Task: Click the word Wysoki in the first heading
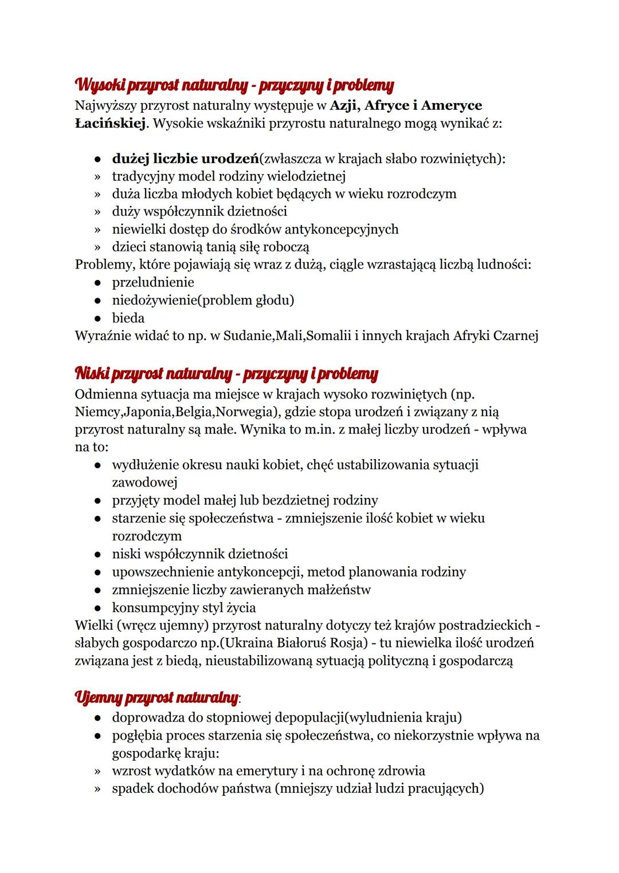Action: tap(99, 86)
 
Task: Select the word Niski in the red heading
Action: tap(92, 374)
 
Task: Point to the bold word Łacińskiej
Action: tap(109, 123)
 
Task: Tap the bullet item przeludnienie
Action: tap(153, 282)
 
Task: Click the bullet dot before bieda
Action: tap(99, 318)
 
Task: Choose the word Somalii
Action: tap(328, 335)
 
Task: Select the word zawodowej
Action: tap(144, 483)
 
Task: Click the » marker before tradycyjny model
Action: tap(98, 176)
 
